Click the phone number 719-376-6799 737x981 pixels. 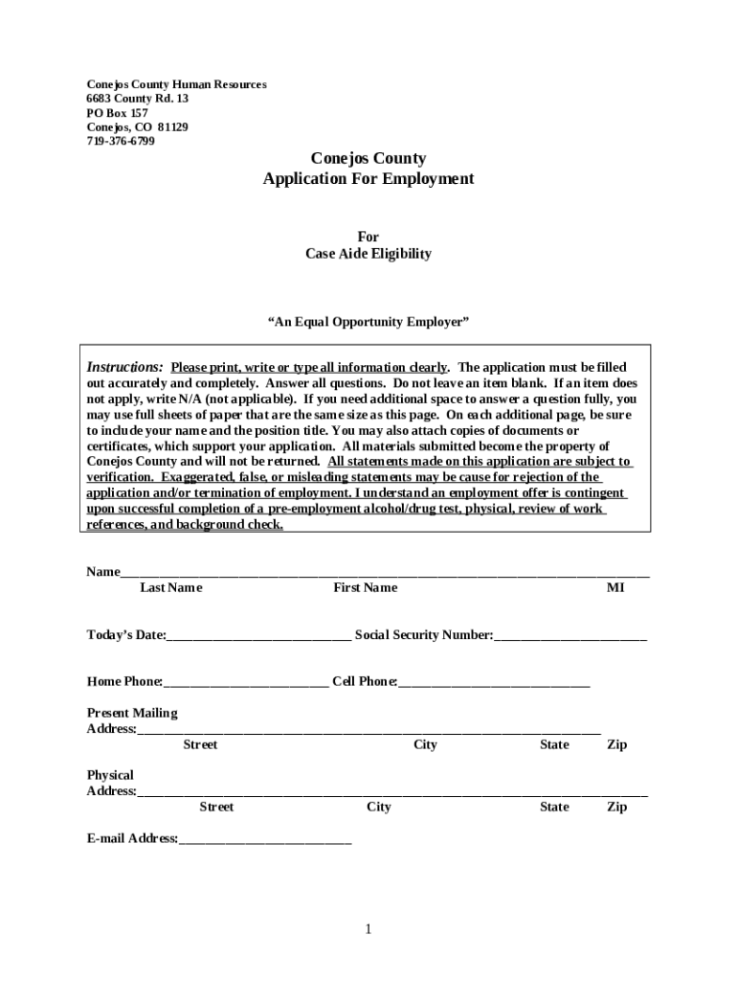pos(121,141)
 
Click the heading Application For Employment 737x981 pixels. pos(368,179)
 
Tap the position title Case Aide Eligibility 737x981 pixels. pos(368,254)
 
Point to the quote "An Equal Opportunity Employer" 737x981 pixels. pos(368,322)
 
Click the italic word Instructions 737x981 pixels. pos(124,368)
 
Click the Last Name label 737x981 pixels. pos(170,587)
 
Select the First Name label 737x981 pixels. pos(365,587)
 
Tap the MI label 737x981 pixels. pos(614,587)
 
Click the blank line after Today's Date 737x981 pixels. pos(258,635)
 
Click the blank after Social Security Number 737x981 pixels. pos(570,635)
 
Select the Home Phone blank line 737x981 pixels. pos(246,682)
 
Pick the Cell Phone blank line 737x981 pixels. pos(494,682)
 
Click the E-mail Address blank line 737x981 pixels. pos(265,839)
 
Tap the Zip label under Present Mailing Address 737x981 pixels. pos(617,744)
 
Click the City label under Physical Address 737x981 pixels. pos(379,807)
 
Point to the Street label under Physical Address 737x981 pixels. pos(216,807)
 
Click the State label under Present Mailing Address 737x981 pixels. pos(554,744)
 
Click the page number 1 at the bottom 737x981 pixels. pos(368,929)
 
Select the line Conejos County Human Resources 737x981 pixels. pos(176,84)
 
